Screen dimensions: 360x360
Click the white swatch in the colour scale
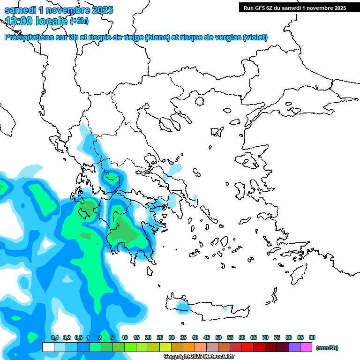48,347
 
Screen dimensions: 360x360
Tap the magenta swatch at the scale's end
306,347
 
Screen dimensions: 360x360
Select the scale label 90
312,337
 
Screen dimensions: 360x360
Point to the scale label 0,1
55,337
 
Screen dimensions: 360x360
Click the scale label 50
218,337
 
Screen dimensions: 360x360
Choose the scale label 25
160,337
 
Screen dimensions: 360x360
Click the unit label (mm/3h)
327,348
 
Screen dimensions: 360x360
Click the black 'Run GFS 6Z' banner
294,7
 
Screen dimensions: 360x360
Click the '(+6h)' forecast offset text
79,21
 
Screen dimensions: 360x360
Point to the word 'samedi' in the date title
20,10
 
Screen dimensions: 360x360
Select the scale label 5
111,337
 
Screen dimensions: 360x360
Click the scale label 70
265,337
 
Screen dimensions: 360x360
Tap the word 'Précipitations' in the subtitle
29,37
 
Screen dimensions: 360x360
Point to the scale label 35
183,337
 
